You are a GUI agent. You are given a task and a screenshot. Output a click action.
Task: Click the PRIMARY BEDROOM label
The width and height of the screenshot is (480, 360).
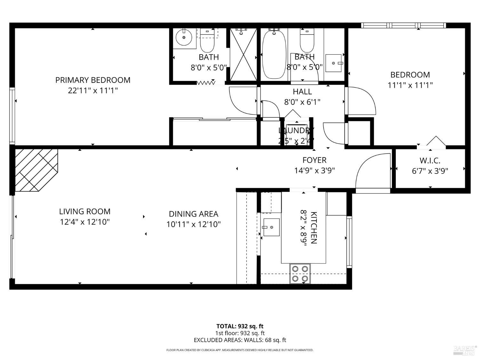pos(93,80)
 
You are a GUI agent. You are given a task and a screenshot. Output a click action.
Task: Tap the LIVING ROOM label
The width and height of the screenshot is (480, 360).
pos(85,212)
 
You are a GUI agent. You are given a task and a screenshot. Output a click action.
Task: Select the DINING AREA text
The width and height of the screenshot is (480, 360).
pos(194,214)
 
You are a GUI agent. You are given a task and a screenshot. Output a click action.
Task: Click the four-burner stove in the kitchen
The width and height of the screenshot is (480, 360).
pos(300,274)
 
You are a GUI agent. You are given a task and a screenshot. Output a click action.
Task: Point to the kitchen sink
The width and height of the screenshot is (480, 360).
pos(271,227)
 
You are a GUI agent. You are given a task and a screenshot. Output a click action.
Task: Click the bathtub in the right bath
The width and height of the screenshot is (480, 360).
pos(274,54)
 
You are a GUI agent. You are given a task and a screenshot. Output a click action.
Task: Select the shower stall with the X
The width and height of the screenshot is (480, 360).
pos(244,54)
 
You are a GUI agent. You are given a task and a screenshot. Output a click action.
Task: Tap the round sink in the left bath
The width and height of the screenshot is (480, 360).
pos(184,38)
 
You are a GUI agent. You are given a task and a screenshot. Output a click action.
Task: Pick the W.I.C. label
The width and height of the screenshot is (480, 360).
pos(430,160)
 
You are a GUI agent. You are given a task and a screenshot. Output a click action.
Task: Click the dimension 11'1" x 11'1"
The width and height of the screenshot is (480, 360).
pos(410,85)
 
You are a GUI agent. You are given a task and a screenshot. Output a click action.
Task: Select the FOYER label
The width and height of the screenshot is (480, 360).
pos(314,160)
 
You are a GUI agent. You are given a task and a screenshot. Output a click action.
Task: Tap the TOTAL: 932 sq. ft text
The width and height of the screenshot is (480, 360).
pos(240,326)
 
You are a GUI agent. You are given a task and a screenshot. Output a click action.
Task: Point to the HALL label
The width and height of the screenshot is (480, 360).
pos(302,92)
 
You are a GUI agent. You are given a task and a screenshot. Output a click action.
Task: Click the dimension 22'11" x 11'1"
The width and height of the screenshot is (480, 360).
pos(93,91)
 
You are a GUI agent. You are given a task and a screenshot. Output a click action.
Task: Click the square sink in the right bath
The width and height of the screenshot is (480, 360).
pos(333,63)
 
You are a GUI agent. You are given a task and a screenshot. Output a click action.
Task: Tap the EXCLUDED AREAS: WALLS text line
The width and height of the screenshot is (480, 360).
pos(240,340)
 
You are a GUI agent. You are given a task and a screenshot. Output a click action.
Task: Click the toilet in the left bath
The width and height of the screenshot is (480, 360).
pos(207,43)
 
